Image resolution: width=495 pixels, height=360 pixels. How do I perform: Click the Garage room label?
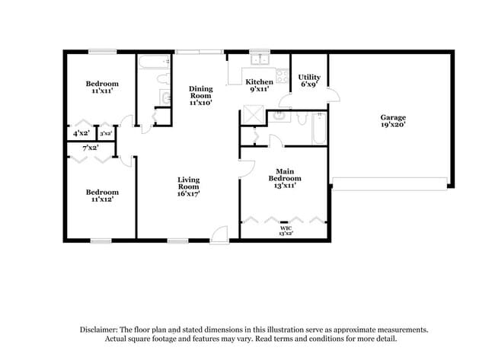click(x=393, y=121)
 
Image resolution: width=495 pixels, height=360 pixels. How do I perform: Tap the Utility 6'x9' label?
click(x=309, y=81)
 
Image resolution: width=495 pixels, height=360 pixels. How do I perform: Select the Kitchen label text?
click(x=260, y=82)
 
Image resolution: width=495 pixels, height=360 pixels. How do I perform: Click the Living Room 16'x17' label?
click(x=188, y=186)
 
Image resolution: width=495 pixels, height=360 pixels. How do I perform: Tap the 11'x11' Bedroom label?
click(x=102, y=87)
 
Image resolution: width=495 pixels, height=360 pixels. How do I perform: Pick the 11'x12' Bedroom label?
click(x=102, y=196)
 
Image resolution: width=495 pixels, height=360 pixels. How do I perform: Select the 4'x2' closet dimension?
click(x=81, y=133)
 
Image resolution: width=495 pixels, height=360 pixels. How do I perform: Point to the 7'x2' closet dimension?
click(x=91, y=148)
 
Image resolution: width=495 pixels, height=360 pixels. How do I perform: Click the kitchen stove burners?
click(x=282, y=76)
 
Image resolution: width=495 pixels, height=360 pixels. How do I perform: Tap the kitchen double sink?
click(x=260, y=59)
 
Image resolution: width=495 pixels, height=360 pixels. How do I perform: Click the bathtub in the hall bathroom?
click(x=155, y=62)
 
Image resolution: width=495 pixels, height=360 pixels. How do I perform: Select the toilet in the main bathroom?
click(x=302, y=117)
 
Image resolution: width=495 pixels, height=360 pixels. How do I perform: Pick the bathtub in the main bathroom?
click(x=319, y=129)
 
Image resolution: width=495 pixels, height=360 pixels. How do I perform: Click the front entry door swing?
click(x=220, y=234)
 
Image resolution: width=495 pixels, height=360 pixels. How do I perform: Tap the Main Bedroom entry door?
click(x=246, y=169)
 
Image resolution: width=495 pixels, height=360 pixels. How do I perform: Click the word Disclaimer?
click(x=99, y=330)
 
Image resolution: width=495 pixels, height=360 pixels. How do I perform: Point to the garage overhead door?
click(x=390, y=184)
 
